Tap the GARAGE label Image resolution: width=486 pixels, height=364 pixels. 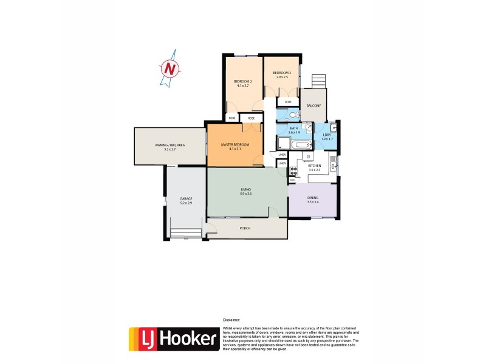tap(185, 200)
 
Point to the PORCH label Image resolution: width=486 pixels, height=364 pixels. tap(245, 228)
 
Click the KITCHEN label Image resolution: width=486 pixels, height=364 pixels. tap(314, 166)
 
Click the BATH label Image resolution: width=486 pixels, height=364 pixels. tap(294, 129)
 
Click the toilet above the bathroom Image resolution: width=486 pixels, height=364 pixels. tap(293, 115)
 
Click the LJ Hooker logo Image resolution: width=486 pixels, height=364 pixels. tap(173, 339)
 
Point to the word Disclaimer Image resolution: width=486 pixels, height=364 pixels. tap(231, 319)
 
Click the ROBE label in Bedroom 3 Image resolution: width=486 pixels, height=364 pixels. tap(288, 102)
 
